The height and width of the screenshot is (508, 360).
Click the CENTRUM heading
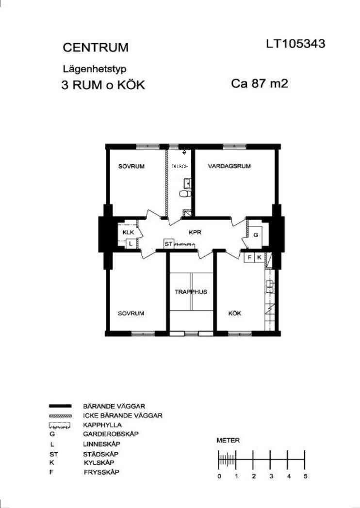click(x=96, y=48)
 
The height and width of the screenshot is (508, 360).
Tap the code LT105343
click(x=295, y=44)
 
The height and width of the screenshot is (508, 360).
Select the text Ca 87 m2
click(x=260, y=83)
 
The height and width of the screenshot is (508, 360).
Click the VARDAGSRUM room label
click(x=229, y=166)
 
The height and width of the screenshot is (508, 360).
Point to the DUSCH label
click(x=180, y=167)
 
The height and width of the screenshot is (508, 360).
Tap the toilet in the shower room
click(x=185, y=194)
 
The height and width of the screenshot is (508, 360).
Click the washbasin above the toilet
click(x=187, y=183)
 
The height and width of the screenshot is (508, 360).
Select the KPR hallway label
click(x=195, y=232)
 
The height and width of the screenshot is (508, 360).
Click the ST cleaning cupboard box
click(x=168, y=244)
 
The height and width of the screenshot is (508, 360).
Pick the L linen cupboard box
click(x=131, y=244)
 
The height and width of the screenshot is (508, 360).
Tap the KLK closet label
click(x=129, y=232)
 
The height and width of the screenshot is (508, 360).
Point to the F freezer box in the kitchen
click(x=249, y=257)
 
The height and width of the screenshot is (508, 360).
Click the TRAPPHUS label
click(x=191, y=292)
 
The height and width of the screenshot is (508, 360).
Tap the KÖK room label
click(x=234, y=313)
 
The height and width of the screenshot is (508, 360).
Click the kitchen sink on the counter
click(x=270, y=287)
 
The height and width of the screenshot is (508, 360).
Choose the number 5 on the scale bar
click(x=305, y=476)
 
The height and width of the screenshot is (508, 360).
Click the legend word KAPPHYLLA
click(x=102, y=425)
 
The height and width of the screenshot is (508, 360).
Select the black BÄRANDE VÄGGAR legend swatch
click(x=60, y=406)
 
